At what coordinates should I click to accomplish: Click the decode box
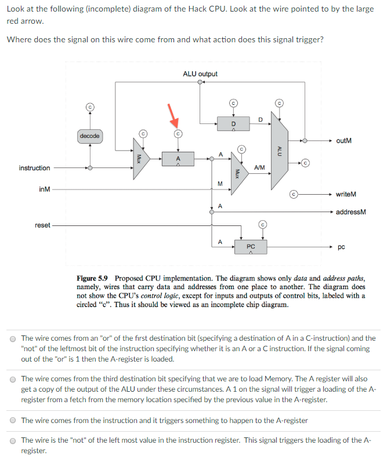(x=89, y=136)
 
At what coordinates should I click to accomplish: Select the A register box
(x=178, y=158)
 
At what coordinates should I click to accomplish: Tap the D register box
(x=233, y=123)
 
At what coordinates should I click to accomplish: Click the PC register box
(x=250, y=247)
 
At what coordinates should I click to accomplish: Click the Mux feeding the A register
(x=140, y=158)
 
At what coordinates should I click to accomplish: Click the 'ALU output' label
(x=200, y=74)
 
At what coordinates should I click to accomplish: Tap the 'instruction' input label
(x=34, y=168)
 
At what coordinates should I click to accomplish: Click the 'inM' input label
(x=44, y=189)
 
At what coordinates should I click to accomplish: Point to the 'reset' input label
(x=42, y=225)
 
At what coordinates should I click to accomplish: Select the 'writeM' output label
(x=346, y=195)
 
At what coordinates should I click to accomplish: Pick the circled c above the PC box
(x=262, y=224)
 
